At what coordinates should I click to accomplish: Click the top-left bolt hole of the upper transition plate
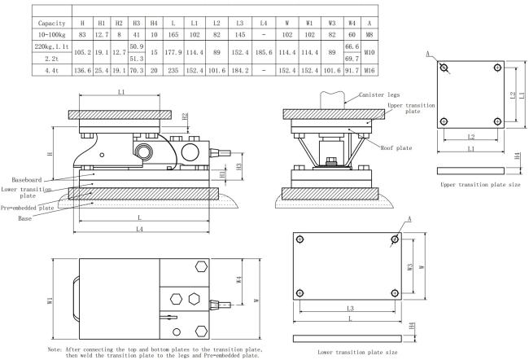(444, 68)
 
